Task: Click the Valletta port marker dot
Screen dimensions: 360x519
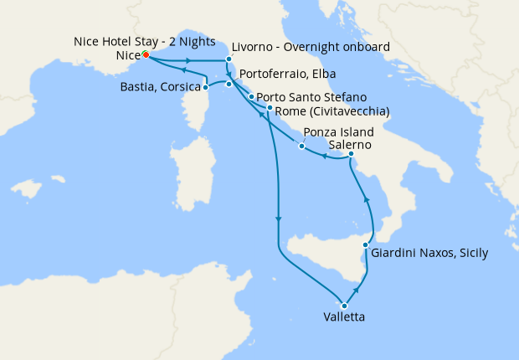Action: pos(344,306)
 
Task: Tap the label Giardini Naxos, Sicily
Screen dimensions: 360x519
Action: pos(429,252)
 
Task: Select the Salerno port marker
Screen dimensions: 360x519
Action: pos(352,154)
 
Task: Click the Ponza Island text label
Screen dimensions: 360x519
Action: pos(338,132)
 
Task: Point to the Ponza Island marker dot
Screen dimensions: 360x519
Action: pos(301,147)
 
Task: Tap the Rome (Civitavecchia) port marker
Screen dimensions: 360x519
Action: pos(270,108)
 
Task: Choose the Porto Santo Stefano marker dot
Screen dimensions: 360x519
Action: pos(251,97)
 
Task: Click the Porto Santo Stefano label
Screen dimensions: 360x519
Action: pos(308,97)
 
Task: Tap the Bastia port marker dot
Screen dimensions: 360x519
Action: pos(206,87)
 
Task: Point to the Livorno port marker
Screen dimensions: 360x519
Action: pos(229,59)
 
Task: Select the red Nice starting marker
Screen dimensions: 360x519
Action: pos(145,54)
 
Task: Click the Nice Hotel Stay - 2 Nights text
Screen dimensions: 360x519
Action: pos(144,41)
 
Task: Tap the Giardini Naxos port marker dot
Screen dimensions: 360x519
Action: pos(366,245)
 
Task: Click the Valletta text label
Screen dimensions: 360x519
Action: pos(343,317)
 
